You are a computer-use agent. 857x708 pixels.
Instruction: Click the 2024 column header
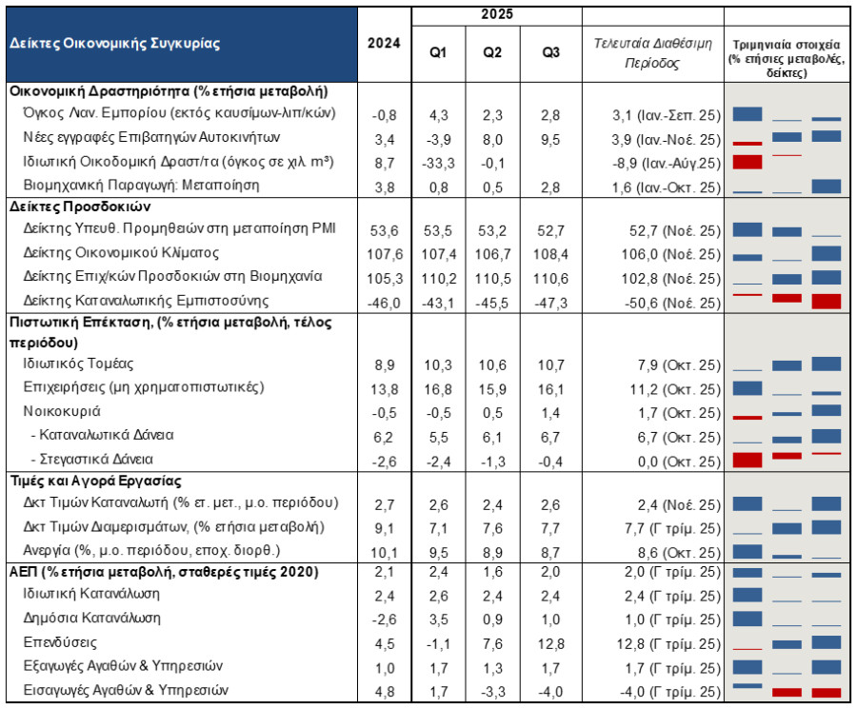[x=384, y=43]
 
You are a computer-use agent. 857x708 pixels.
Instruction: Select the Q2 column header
[x=492, y=52]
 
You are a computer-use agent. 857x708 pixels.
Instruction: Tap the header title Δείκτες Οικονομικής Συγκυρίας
[x=115, y=44]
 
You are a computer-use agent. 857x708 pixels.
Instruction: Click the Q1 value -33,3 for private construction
[x=438, y=164]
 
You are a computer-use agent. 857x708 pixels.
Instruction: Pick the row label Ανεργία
[x=47, y=550]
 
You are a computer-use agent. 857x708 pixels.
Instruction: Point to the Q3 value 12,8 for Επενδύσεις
[x=550, y=644]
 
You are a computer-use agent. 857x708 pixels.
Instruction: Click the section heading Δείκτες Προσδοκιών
[x=80, y=206]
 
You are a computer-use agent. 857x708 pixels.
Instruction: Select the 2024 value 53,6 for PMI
[x=385, y=230]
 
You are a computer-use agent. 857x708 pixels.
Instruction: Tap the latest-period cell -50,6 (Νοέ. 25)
[x=673, y=304]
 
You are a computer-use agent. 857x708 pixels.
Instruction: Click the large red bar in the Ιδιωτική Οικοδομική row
[x=747, y=162]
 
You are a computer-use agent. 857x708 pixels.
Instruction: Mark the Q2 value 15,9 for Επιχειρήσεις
[x=492, y=389]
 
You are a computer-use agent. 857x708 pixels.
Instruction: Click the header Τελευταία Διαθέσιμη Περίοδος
[x=652, y=53]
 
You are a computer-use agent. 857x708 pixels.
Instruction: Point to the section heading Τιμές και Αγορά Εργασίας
[x=95, y=481]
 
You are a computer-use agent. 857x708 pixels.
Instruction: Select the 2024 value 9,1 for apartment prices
[x=385, y=529]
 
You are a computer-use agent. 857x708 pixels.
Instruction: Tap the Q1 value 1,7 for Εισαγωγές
[x=438, y=692]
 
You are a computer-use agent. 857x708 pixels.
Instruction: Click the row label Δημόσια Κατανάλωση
[x=91, y=618]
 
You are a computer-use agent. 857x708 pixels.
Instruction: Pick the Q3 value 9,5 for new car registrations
[x=550, y=140]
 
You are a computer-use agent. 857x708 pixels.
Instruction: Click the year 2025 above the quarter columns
[x=497, y=14]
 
